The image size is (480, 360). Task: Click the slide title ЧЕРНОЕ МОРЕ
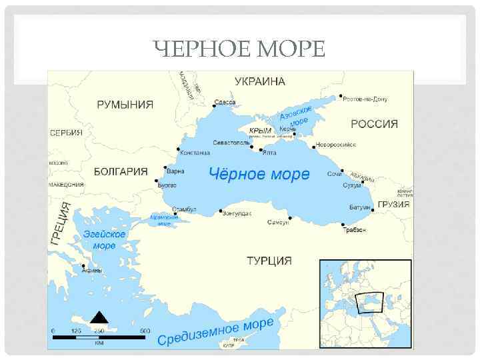click(x=239, y=49)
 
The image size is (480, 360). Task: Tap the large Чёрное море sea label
click(x=259, y=175)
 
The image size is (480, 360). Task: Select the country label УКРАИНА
click(x=259, y=81)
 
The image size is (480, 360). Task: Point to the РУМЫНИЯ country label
click(x=125, y=105)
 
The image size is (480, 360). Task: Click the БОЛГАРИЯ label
click(x=121, y=171)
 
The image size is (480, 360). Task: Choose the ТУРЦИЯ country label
click(x=269, y=260)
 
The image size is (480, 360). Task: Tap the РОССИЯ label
click(x=374, y=124)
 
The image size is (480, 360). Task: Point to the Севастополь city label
click(x=231, y=143)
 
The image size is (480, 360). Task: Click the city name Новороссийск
click(x=336, y=144)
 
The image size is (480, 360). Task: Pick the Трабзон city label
click(x=355, y=230)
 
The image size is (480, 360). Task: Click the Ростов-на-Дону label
click(x=365, y=99)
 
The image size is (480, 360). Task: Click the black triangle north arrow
click(x=99, y=317)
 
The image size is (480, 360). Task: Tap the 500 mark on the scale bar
click(x=145, y=331)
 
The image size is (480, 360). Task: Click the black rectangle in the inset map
click(x=370, y=303)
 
